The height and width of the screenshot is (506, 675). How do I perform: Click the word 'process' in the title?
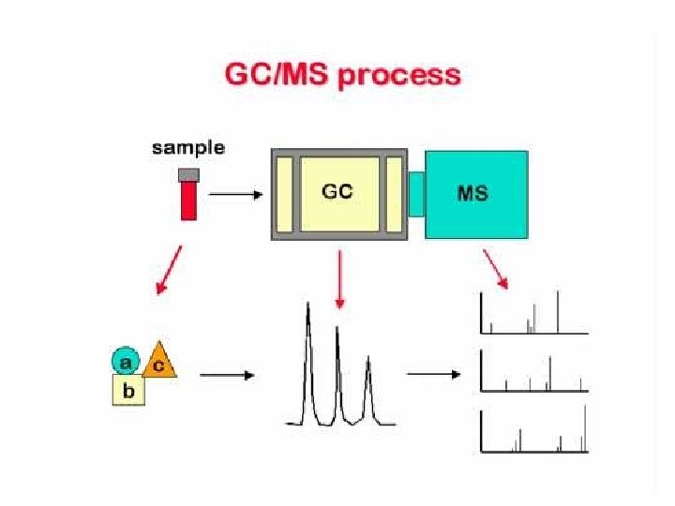(x=400, y=75)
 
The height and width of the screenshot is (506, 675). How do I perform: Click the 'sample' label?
(x=188, y=148)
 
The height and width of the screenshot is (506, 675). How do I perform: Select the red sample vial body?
(x=188, y=201)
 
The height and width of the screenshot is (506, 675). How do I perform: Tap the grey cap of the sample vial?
(x=188, y=174)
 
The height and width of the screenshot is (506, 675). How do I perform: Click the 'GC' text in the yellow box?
(x=338, y=191)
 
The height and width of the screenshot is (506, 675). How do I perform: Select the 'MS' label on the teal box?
(x=472, y=194)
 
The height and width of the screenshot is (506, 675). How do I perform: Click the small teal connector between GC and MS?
(x=416, y=194)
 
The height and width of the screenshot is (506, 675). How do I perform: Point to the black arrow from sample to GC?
(x=235, y=195)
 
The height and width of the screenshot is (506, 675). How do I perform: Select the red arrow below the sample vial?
(x=170, y=272)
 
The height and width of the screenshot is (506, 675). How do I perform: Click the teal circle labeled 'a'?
(x=126, y=360)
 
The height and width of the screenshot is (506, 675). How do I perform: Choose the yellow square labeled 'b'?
(x=128, y=389)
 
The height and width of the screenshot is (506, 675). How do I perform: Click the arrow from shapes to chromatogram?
(x=227, y=375)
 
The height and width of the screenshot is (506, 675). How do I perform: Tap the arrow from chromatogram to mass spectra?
(x=434, y=375)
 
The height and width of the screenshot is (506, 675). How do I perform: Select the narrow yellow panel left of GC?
(x=285, y=194)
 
